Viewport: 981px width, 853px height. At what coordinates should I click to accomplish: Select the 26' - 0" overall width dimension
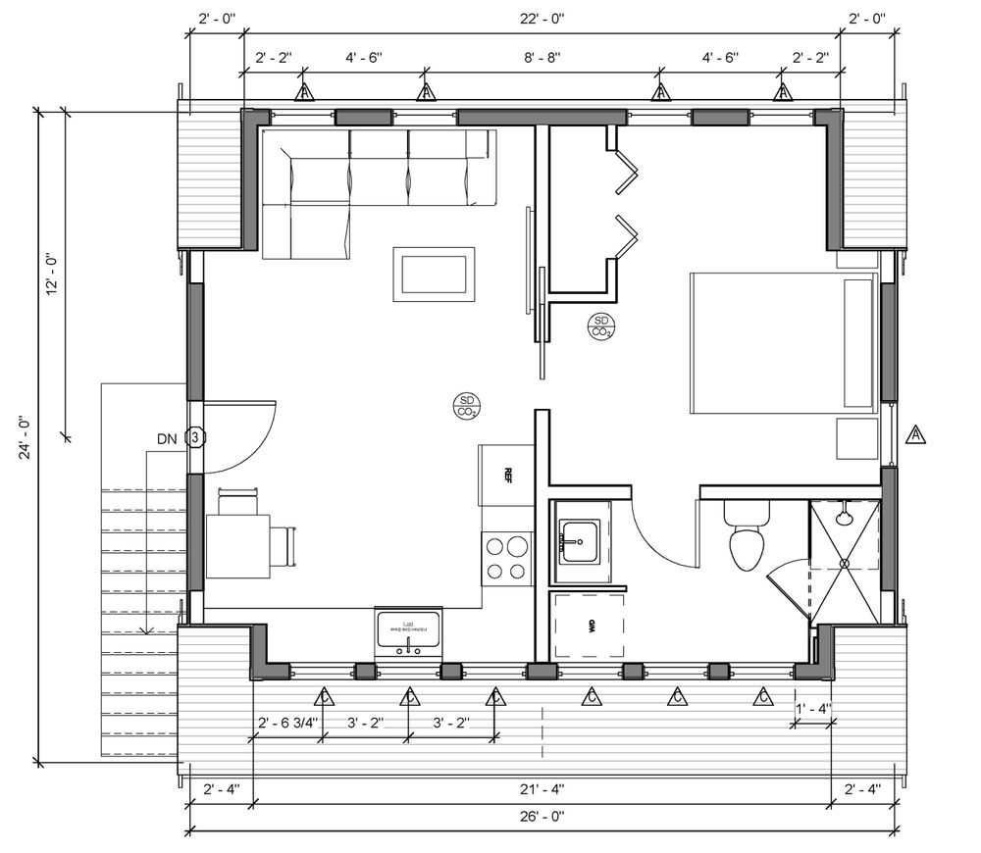coord(542,816)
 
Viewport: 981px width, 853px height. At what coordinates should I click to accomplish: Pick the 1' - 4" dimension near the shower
coord(812,708)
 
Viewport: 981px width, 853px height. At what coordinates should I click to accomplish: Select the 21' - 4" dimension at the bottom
coord(542,788)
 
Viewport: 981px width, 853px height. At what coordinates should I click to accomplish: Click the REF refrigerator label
coord(508,475)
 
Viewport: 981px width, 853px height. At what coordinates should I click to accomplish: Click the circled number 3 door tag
coord(195,437)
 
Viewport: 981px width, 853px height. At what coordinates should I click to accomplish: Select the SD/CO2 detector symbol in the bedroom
coord(601,326)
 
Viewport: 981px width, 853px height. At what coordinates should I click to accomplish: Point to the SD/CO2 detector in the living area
coord(466,405)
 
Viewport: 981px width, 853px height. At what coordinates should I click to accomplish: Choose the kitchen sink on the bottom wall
coord(409,631)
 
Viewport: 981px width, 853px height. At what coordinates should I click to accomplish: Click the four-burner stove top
coord(506,559)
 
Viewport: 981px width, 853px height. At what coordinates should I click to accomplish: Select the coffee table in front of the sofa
coord(435,275)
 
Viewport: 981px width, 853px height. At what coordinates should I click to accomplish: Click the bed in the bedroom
coord(783,343)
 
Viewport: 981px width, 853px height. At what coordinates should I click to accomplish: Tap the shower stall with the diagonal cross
coord(844,562)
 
